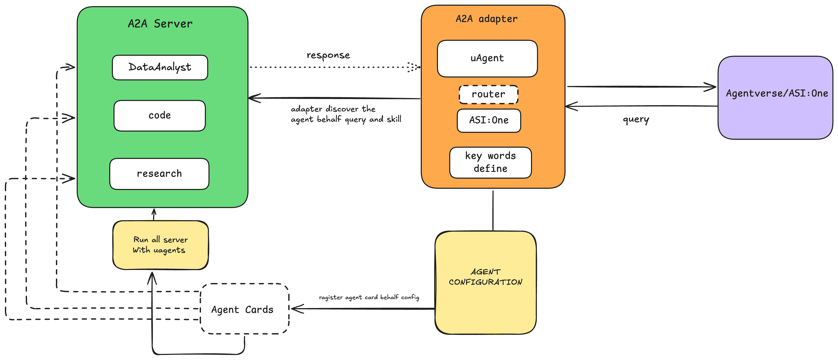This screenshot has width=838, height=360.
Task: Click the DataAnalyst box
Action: (x=160, y=67)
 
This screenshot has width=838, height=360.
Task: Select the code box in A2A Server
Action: (x=160, y=116)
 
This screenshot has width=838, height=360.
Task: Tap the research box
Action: (x=159, y=174)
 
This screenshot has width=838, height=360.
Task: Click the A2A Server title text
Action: (x=160, y=24)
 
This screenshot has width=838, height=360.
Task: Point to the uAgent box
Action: (x=487, y=59)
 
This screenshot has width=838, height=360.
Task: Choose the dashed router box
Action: (x=488, y=94)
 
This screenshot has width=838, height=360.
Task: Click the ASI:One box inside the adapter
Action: (x=489, y=120)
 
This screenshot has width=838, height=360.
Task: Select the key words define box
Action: (x=490, y=162)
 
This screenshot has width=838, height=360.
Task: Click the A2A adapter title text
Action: (x=486, y=19)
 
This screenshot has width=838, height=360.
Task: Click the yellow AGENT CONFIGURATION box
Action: (x=485, y=283)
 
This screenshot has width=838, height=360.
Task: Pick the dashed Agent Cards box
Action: (x=244, y=309)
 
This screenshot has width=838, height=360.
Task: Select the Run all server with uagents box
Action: (x=160, y=245)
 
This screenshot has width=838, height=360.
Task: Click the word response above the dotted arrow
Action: (x=328, y=55)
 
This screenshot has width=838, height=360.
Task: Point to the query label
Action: (x=636, y=119)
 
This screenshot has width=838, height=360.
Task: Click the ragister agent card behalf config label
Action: (x=369, y=297)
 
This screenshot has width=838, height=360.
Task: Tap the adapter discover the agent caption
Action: (x=346, y=114)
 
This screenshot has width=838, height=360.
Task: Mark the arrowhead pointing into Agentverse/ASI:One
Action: (x=711, y=87)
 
